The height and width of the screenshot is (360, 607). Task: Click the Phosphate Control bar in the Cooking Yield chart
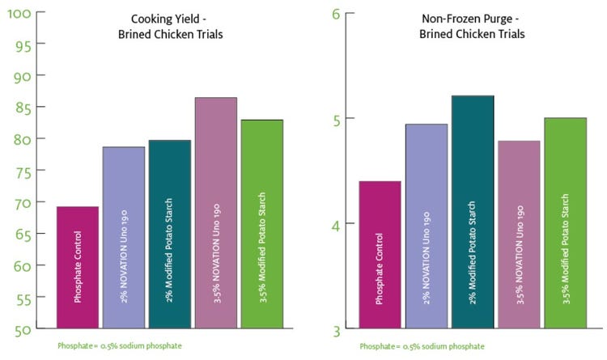[x=78, y=268]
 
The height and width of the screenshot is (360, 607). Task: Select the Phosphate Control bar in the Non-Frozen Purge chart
[x=379, y=255]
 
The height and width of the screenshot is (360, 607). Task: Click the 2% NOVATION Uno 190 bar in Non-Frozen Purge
[x=425, y=227]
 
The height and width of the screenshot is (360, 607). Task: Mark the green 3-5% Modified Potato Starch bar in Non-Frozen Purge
[x=564, y=223]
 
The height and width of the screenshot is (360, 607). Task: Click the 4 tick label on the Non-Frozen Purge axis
[x=337, y=224]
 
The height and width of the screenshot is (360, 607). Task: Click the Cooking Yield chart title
[x=170, y=27]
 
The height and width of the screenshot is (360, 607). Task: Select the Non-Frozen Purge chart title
[x=473, y=27]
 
